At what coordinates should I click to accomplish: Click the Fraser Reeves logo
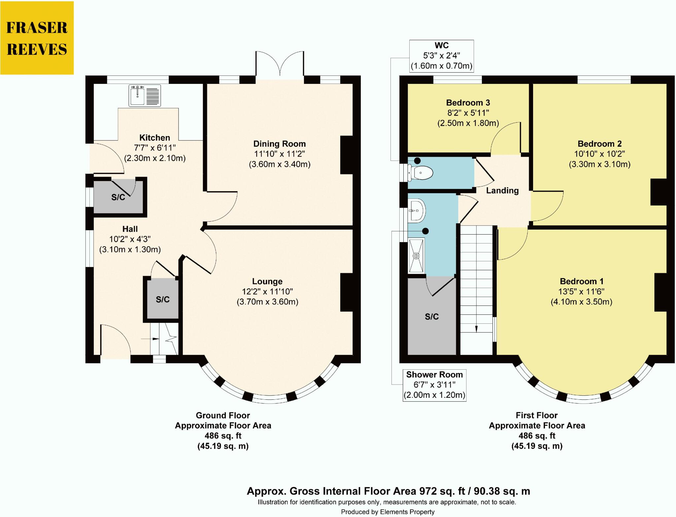[x=37, y=38]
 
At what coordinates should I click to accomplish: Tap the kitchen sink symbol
[x=145, y=95]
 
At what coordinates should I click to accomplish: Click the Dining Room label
[x=279, y=144]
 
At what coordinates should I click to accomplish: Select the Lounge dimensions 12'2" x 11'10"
[x=267, y=291]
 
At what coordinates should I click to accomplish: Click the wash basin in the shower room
[x=417, y=210]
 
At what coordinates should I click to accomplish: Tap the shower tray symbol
[x=416, y=256]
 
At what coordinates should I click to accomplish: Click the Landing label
[x=502, y=190]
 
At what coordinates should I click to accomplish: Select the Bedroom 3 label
[x=468, y=103]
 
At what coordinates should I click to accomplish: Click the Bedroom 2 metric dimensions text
[x=599, y=164]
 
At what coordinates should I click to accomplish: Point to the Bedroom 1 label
[x=581, y=281]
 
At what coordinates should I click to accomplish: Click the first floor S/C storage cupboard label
[x=431, y=316]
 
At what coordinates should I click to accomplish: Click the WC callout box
[x=441, y=56]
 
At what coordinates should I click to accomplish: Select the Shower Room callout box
[x=434, y=385]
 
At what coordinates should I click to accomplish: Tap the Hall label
[x=130, y=229]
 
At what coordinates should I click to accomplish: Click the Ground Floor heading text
[x=223, y=415]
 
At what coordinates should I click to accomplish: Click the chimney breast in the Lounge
[x=347, y=292]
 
